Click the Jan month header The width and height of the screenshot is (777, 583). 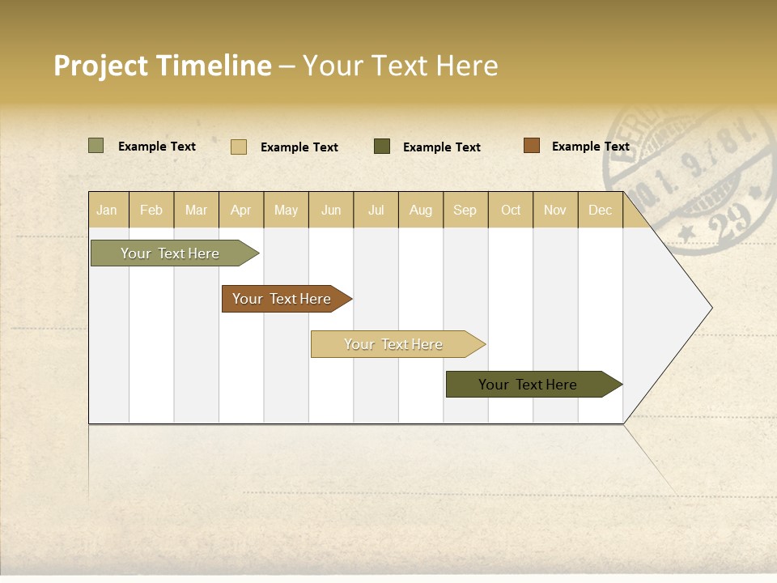(x=107, y=210)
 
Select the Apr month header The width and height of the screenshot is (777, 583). (x=240, y=210)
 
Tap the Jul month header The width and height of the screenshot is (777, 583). (x=376, y=210)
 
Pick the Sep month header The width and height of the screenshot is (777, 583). (x=465, y=210)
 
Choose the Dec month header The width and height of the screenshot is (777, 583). (x=600, y=210)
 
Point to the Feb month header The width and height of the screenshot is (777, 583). (x=151, y=210)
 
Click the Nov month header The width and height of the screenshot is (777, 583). (x=554, y=210)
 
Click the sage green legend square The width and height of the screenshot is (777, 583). (x=96, y=146)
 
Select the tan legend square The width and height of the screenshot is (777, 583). (x=238, y=147)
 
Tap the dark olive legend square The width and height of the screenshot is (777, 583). (x=382, y=147)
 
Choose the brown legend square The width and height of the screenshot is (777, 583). (x=531, y=146)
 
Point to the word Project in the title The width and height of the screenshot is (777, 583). (x=101, y=66)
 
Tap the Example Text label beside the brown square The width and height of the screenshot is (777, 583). (x=590, y=146)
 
